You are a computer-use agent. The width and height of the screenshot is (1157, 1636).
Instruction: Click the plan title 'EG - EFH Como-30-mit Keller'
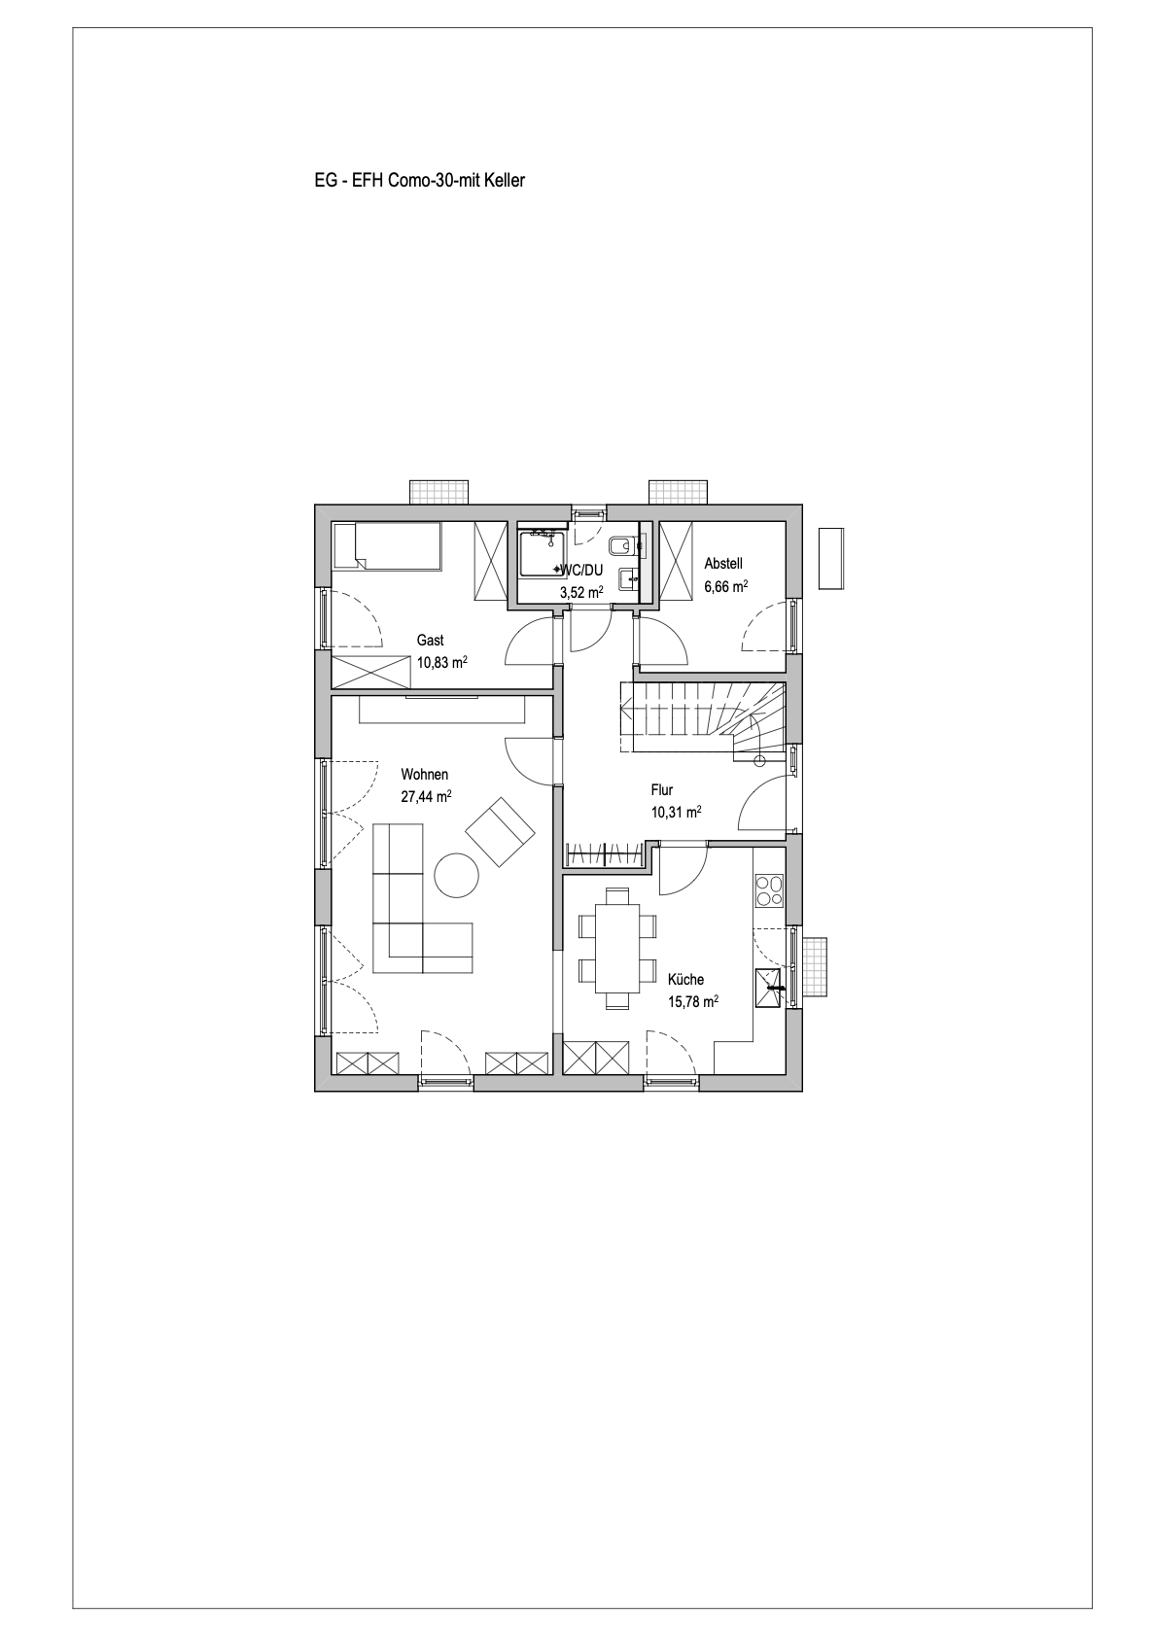[419, 181]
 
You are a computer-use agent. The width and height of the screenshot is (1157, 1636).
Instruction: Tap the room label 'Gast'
[430, 641]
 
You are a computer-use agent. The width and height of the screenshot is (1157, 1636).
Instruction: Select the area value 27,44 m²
[426, 796]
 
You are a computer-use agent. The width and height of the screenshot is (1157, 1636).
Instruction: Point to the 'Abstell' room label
[723, 564]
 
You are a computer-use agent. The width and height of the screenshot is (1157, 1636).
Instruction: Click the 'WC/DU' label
[582, 571]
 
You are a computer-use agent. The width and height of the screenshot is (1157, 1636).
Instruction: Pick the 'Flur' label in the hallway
[662, 789]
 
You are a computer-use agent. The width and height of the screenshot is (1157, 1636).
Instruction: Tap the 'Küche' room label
[685, 980]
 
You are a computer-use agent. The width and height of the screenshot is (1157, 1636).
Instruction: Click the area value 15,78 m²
[693, 1001]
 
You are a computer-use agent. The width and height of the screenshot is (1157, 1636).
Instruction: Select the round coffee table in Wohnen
[457, 875]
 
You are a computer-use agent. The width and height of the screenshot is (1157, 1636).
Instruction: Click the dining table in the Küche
[618, 948]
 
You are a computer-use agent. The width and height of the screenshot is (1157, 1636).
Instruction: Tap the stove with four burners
[769, 890]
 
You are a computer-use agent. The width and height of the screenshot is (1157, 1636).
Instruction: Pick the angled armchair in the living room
[501, 832]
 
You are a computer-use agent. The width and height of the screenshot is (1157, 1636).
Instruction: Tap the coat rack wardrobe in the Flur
[608, 855]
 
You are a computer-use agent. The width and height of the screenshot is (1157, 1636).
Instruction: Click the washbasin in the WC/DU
[628, 580]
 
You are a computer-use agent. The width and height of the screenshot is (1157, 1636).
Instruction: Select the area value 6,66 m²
[726, 586]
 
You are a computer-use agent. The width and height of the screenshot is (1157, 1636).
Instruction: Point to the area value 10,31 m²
[677, 812]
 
